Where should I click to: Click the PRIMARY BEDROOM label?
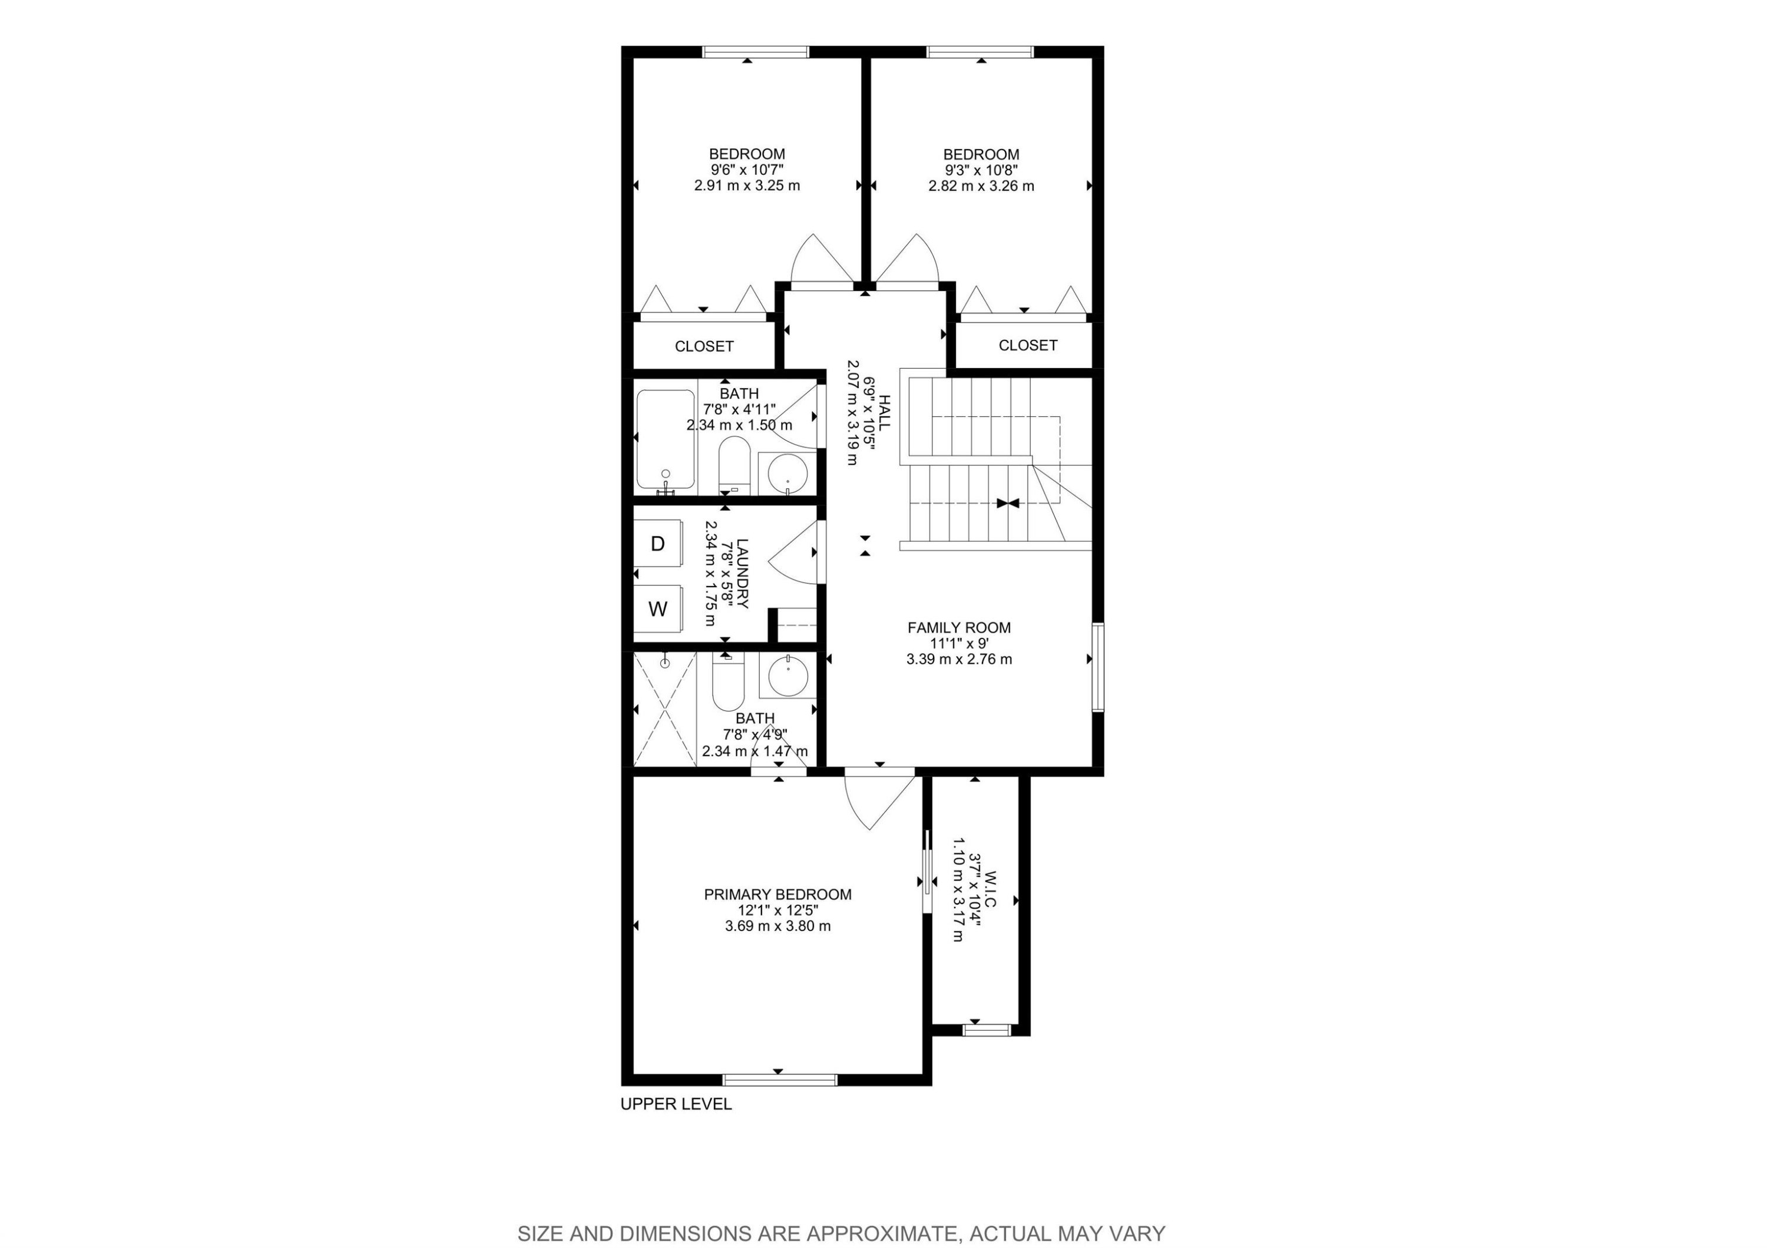point(777,894)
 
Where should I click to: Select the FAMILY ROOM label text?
point(958,628)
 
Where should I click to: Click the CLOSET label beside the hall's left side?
point(703,346)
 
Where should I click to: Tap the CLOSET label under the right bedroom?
point(1027,346)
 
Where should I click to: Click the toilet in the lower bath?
point(727,681)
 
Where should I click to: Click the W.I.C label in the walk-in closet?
point(990,889)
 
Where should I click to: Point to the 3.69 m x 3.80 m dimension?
point(777,926)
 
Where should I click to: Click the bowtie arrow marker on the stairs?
point(1007,503)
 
